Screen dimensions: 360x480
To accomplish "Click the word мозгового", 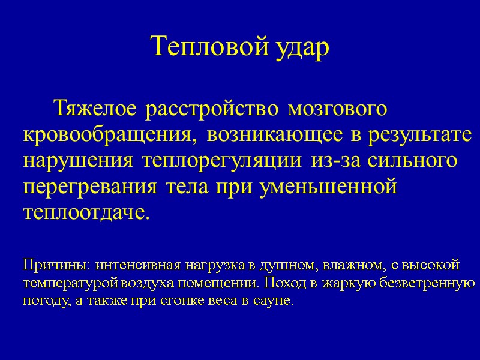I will [x=337, y=110].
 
